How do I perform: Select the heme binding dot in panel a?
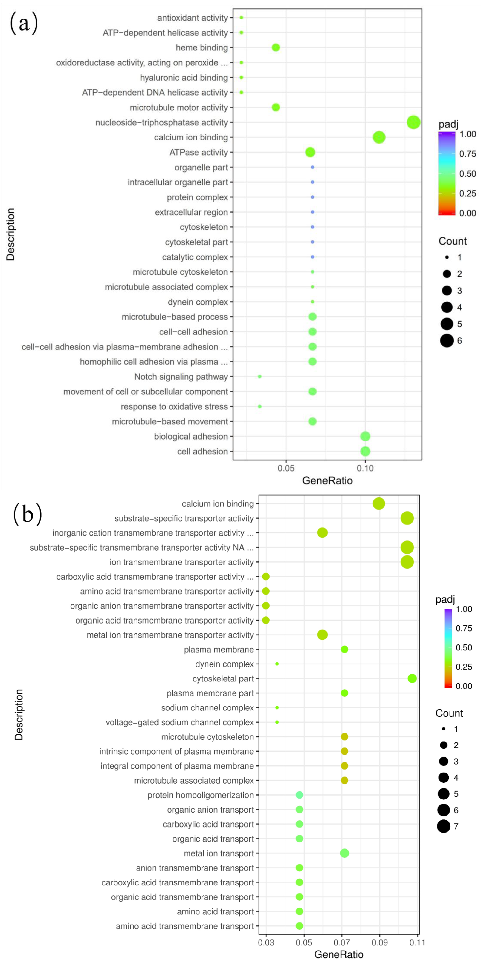pos(276,48)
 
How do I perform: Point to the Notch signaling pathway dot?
pos(260,377)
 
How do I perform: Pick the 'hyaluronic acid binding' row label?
pos(184,78)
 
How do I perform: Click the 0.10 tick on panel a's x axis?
pos(365,468)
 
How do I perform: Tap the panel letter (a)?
pos(24,23)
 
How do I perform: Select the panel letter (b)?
pos(27,514)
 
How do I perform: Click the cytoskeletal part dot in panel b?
pos(412,678)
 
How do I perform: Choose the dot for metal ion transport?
pos(344,853)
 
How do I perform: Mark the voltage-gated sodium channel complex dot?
pos(277,722)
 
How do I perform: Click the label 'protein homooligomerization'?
pos(201,795)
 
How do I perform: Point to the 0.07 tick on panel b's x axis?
pos(342,942)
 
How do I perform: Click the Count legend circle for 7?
pos(444,826)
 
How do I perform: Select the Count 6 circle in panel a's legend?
pos(447,341)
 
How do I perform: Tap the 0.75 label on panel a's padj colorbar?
pos(468,154)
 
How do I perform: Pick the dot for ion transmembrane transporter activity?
pos(407,562)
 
